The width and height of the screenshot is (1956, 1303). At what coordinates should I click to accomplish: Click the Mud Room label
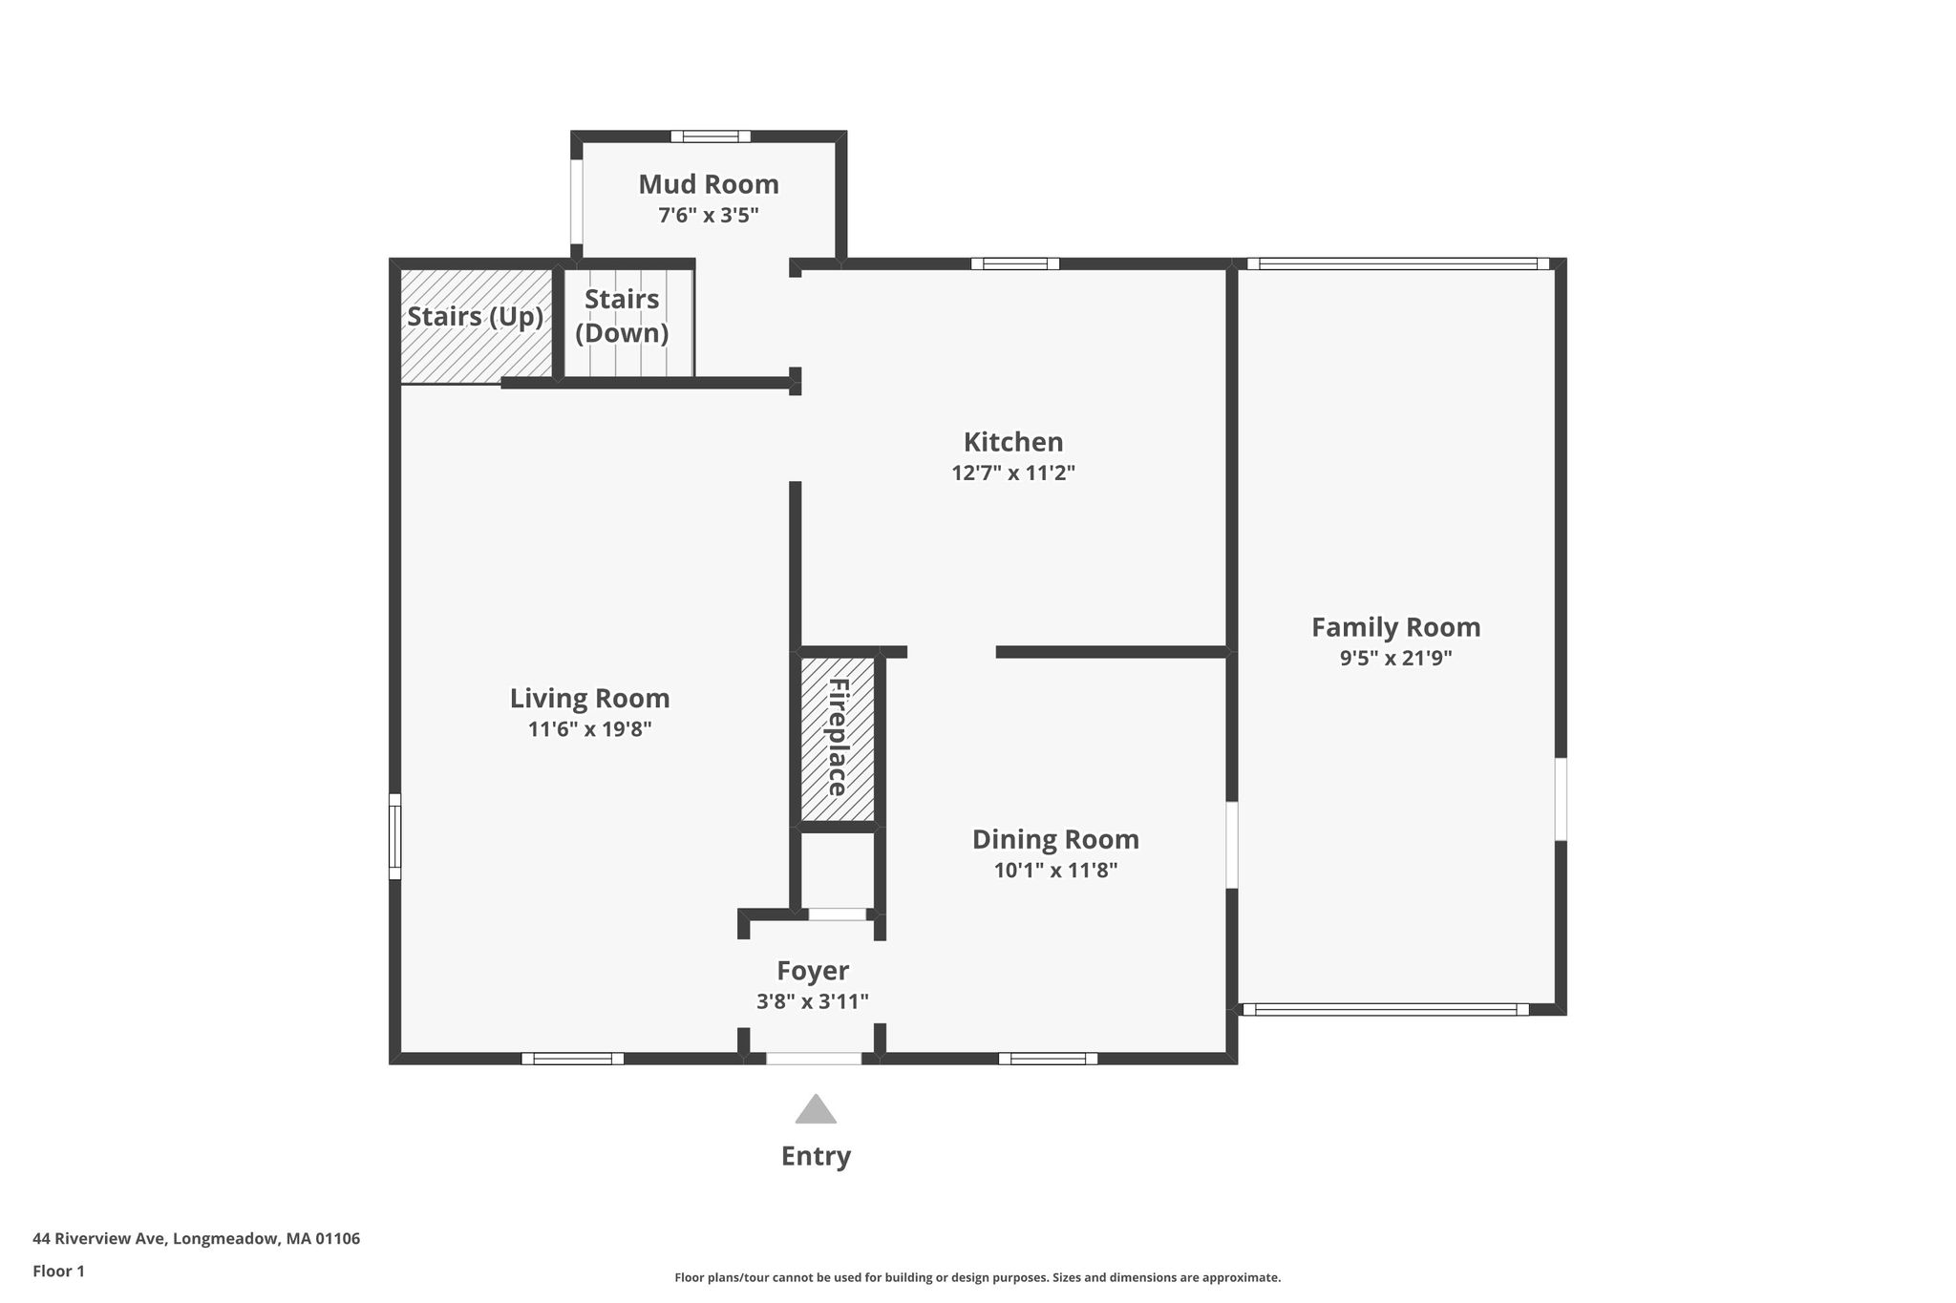[709, 184]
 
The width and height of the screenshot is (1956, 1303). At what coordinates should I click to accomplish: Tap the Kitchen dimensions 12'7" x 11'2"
[1013, 473]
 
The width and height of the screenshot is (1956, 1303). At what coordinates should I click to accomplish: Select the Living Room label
[589, 699]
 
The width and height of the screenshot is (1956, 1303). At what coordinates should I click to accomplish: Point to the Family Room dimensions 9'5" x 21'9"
[1395, 658]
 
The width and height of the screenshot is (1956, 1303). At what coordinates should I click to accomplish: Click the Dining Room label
[1055, 840]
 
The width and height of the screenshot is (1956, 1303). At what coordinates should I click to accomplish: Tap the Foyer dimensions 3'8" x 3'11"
[813, 1001]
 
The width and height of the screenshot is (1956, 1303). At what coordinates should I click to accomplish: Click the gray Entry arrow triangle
[816, 1109]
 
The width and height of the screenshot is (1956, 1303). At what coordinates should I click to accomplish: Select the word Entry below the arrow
[816, 1157]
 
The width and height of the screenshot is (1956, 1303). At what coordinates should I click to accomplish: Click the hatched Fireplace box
[838, 739]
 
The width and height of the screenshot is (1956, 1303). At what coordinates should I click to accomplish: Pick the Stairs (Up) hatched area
[476, 326]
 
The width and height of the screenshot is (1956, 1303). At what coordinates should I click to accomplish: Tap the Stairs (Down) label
[622, 316]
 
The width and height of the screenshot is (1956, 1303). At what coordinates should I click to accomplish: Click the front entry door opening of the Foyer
[814, 1058]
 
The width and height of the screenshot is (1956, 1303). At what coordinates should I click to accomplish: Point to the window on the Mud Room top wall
[711, 137]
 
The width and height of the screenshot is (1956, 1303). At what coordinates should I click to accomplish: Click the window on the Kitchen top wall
[1015, 263]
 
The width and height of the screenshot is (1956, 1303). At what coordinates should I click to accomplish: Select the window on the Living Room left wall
[394, 836]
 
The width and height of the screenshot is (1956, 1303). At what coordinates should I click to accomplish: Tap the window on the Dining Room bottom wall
[1048, 1058]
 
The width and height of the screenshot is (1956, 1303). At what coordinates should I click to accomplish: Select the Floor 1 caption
[58, 1271]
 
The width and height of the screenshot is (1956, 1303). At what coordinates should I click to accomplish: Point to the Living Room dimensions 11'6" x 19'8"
[589, 729]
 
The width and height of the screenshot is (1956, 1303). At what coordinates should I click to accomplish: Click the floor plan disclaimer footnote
[978, 1277]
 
